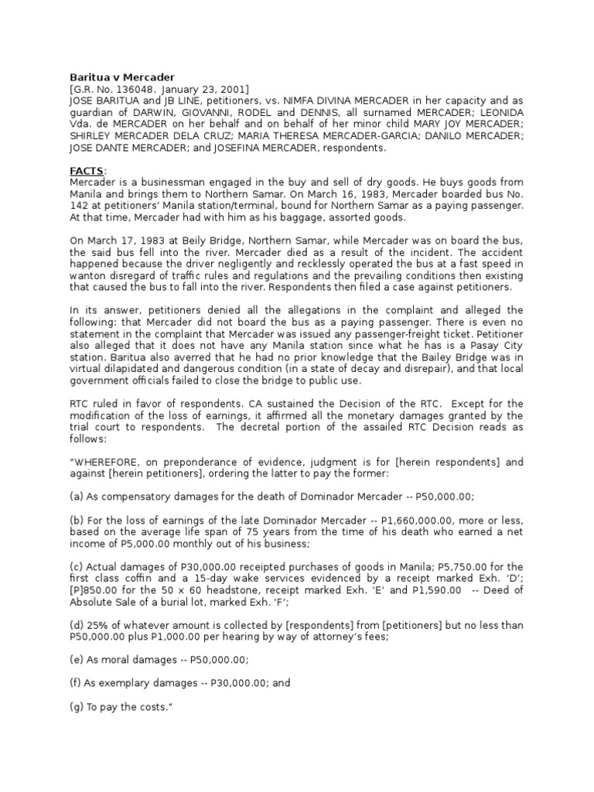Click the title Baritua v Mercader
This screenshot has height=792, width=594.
[x=113, y=78]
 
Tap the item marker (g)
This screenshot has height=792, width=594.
[x=76, y=706]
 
